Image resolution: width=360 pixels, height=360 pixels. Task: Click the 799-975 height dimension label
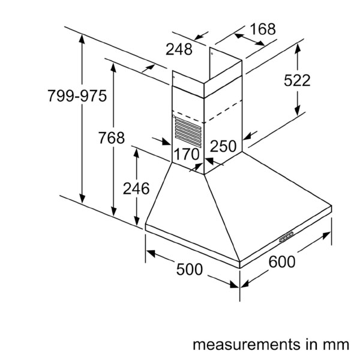click(77, 96)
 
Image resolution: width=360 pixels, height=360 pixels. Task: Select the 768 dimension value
click(112, 137)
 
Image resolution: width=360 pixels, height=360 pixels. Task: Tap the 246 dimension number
click(136, 188)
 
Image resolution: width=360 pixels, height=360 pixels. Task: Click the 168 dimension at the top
click(262, 28)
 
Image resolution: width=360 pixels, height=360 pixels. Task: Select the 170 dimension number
click(186, 154)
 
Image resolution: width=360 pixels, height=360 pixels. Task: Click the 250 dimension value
click(223, 146)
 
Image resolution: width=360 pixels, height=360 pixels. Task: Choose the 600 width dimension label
click(281, 262)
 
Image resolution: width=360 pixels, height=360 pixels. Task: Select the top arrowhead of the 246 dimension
click(137, 151)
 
